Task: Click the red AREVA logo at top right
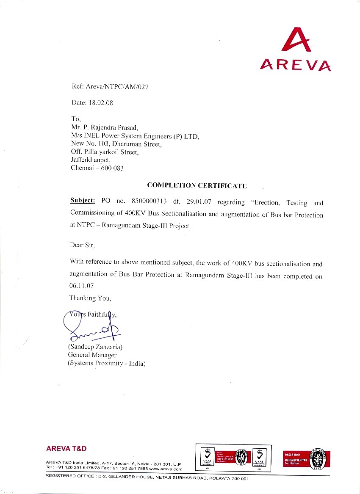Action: pos(296,50)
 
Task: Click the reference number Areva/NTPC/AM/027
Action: pos(117,87)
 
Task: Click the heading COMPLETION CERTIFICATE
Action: pos(197,185)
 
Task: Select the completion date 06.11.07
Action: pos(81,286)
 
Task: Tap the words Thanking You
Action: pos(90,298)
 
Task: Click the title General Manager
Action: pos(92,355)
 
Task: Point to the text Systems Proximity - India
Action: pos(106,363)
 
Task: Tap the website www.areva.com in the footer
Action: pos(166,469)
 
